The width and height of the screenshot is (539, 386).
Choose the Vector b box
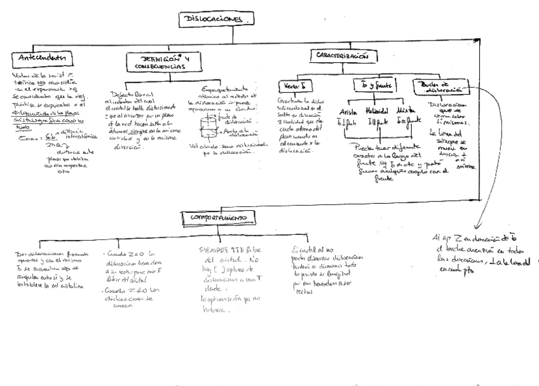(293, 85)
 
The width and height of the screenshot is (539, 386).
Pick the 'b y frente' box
(374, 84)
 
